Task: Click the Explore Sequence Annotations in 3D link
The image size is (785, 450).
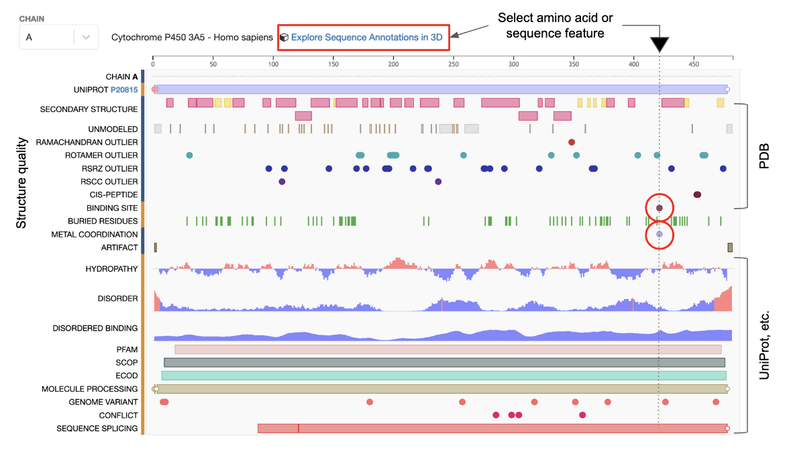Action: [366, 38]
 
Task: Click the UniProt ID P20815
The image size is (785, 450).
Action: [123, 89]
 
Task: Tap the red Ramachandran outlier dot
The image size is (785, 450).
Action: [572, 142]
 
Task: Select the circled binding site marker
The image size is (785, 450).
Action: [660, 209]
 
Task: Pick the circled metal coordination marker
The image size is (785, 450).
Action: [660, 234]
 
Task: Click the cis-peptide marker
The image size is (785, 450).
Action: [697, 194]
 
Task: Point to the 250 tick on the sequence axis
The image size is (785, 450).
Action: [454, 65]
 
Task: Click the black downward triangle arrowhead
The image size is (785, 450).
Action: [660, 45]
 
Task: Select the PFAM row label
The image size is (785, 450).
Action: [127, 349]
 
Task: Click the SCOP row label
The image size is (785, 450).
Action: [126, 363]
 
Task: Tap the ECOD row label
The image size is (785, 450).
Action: [126, 376]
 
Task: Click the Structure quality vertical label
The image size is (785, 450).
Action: [21, 183]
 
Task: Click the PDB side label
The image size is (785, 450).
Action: [764, 156]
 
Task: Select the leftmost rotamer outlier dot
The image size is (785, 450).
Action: [189, 155]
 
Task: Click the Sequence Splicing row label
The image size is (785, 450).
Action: [97, 429]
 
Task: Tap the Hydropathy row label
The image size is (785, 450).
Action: [111, 269]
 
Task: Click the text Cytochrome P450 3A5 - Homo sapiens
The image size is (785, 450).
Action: [192, 38]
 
